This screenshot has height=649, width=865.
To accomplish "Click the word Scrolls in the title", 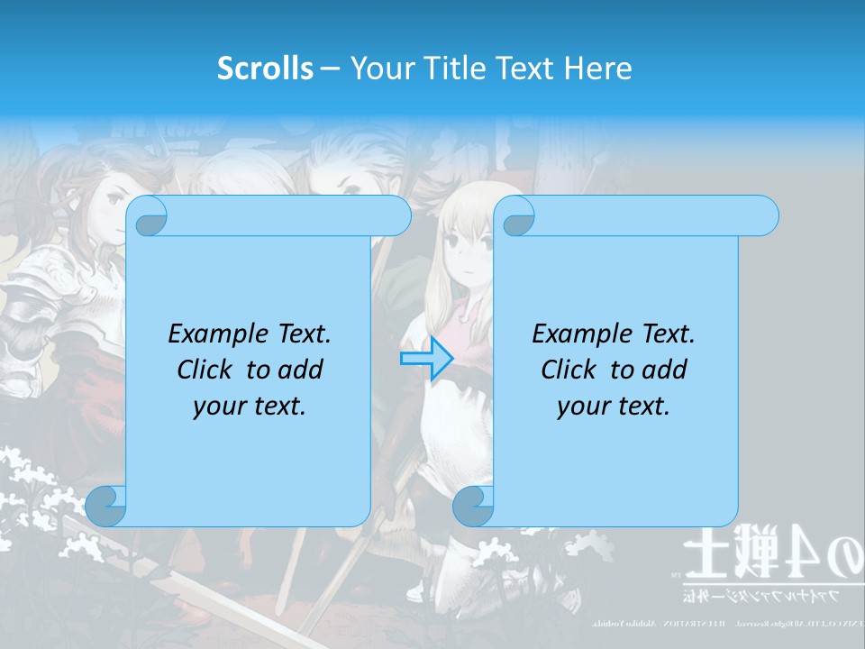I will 266,69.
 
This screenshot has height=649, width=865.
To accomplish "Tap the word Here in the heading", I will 598,69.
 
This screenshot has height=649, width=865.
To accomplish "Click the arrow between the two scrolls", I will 426,358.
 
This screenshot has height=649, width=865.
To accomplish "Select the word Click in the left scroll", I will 206,370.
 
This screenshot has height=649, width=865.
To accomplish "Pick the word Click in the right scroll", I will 569,370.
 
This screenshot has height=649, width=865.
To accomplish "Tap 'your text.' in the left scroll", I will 250,406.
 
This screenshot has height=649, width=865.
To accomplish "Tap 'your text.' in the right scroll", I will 614,406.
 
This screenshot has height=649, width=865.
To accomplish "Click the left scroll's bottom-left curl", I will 106,506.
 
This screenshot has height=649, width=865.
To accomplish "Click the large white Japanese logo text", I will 770,559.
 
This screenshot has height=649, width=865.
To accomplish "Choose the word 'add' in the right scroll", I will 664,370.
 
